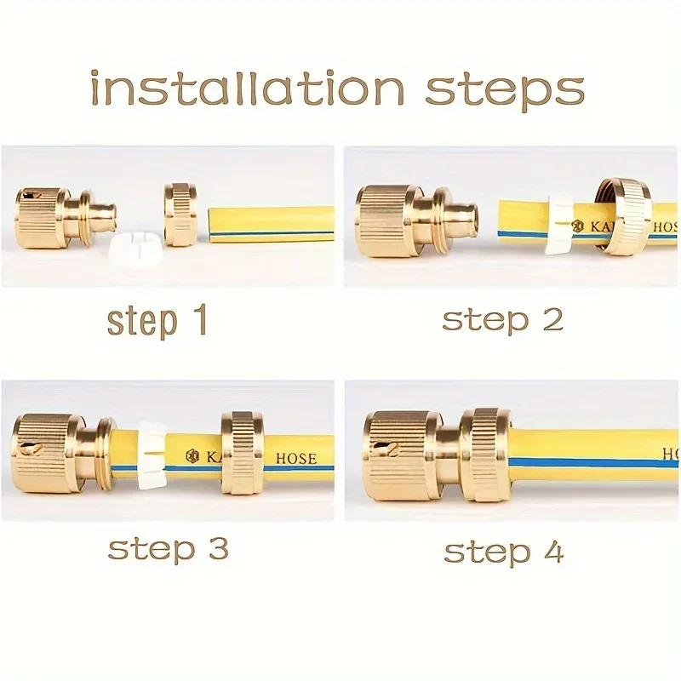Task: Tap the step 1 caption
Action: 157,322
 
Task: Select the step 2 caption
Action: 501,320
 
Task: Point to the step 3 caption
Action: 168,548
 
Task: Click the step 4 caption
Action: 503,552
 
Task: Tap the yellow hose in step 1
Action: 269,224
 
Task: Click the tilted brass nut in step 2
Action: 627,215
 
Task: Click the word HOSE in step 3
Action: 295,458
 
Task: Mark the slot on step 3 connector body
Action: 33,450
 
